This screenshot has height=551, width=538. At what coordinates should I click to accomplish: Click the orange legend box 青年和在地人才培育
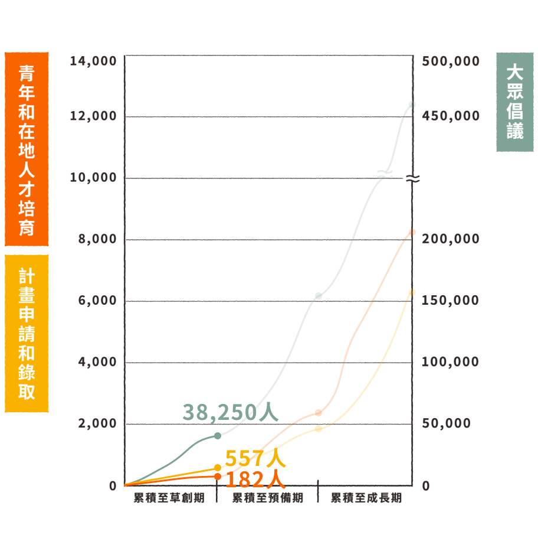(27, 149)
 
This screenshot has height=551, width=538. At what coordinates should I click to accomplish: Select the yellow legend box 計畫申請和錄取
(27, 333)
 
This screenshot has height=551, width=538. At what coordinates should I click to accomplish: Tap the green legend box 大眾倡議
(514, 102)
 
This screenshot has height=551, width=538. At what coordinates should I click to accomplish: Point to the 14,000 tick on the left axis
(93, 61)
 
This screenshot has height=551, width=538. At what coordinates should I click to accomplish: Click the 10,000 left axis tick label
(93, 177)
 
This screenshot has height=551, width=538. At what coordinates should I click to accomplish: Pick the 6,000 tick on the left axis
(96, 301)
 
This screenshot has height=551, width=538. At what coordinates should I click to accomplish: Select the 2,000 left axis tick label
(96, 423)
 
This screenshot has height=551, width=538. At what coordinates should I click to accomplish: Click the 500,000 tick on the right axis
(451, 61)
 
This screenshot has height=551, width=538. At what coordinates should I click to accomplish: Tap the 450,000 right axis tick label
(451, 116)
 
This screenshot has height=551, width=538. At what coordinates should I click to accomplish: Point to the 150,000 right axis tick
(450, 301)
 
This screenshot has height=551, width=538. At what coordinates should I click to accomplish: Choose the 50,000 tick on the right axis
(446, 423)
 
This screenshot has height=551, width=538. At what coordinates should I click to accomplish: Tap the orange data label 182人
(255, 479)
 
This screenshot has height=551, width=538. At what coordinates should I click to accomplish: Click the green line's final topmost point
(412, 105)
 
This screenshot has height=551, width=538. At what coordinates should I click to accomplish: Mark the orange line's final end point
(412, 232)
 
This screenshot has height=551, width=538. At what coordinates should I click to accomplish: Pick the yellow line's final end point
(412, 292)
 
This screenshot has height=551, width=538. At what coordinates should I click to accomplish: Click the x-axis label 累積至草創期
(169, 498)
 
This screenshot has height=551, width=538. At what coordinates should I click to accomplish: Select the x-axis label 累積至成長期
(366, 498)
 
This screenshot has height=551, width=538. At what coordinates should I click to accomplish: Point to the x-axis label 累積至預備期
(267, 498)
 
